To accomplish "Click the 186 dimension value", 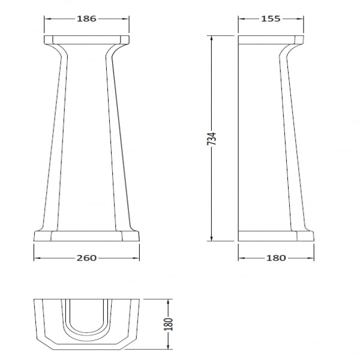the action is click(86, 19).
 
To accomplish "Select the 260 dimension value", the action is click(86, 258).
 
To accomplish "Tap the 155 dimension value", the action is click(271, 19).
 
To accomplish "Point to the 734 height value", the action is click(212, 139).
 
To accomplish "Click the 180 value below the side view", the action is click(276, 258).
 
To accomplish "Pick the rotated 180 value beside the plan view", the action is click(168, 324).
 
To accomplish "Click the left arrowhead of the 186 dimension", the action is click(47, 19).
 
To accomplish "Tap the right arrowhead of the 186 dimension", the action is click(126, 19).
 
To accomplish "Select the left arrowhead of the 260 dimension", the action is click(37, 258).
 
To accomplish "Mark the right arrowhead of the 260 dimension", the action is click(136, 258).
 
